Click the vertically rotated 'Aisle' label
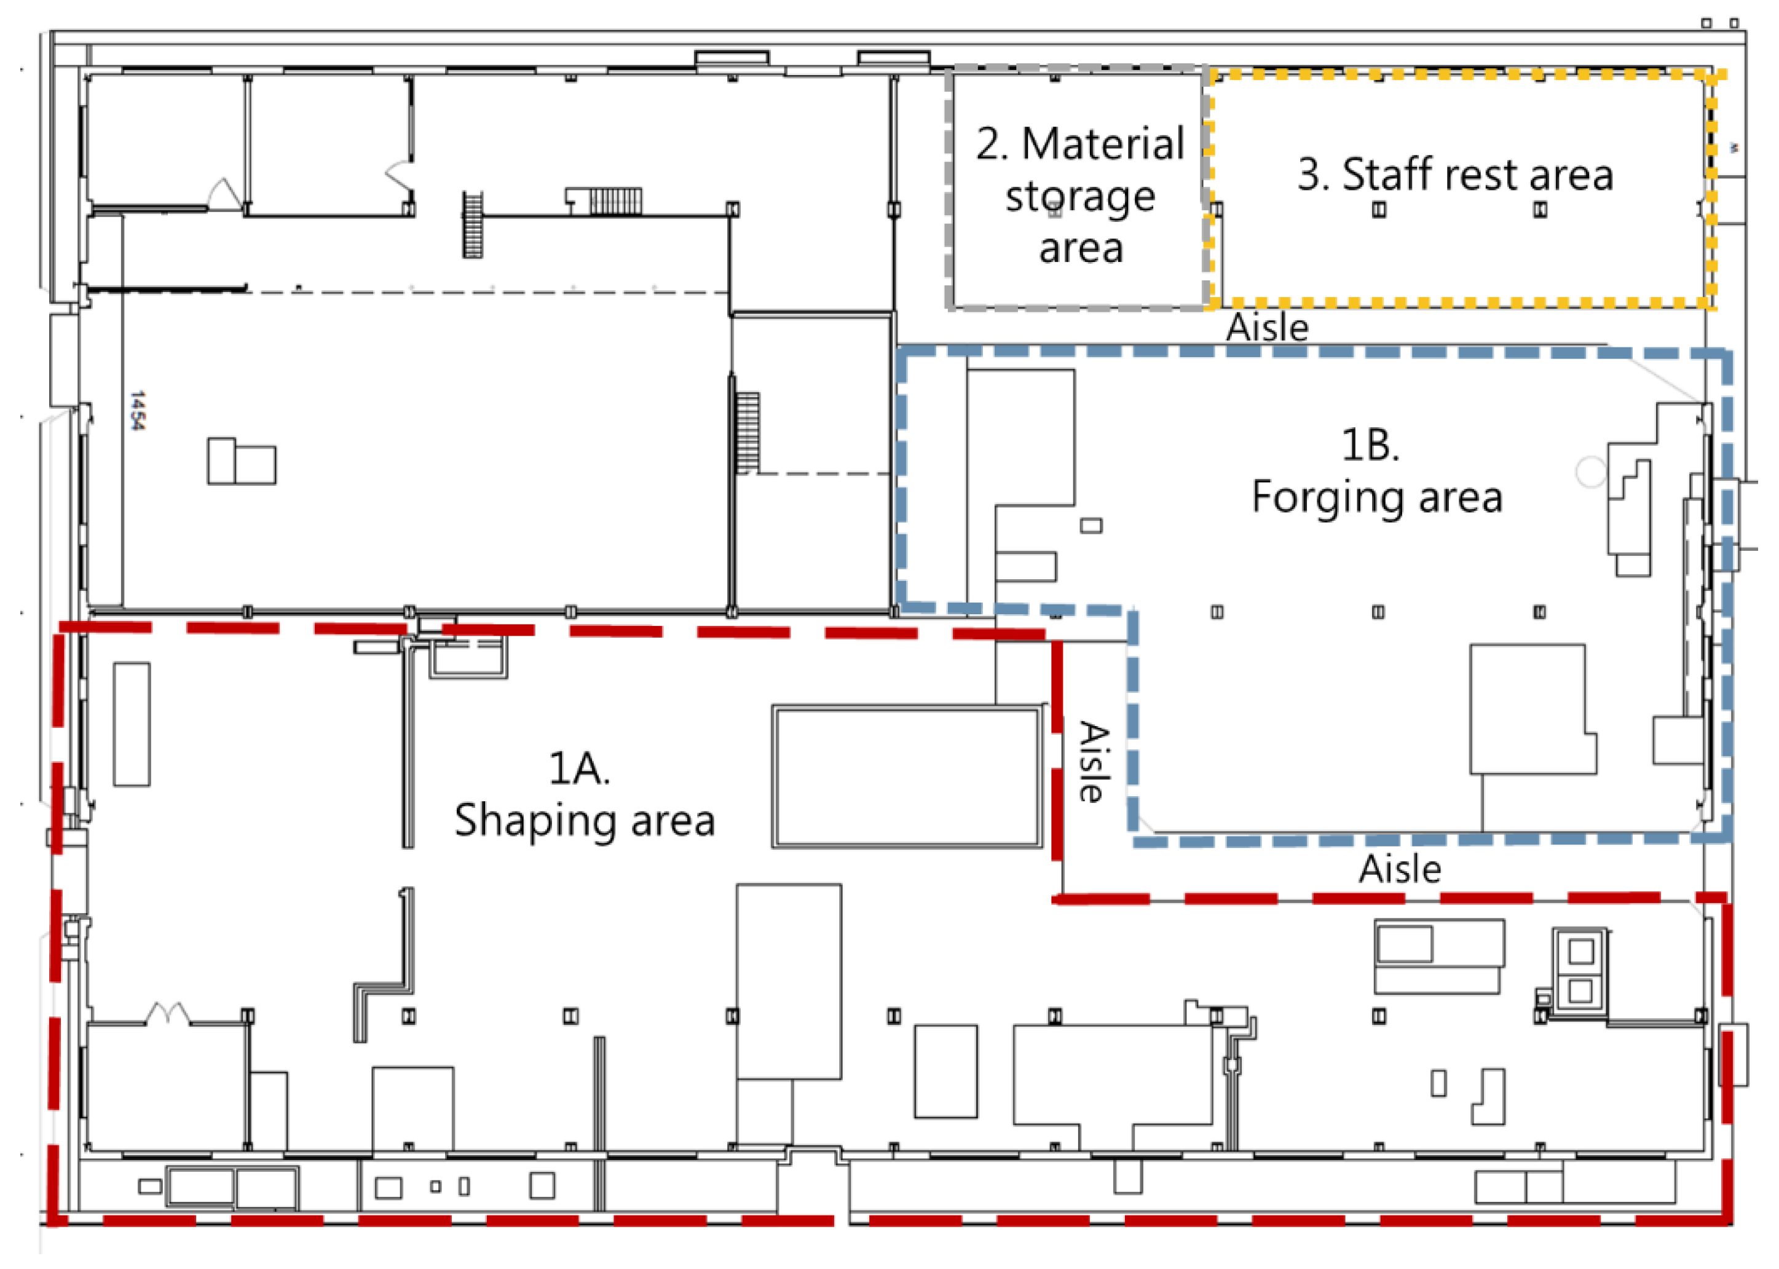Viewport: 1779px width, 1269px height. [1093, 761]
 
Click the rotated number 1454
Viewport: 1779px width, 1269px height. [138, 410]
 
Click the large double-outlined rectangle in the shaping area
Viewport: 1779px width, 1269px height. [907, 776]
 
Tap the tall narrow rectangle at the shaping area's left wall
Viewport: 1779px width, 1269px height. [132, 724]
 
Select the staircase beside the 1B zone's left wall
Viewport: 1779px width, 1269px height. [747, 432]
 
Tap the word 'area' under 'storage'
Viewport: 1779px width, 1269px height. [1081, 249]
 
